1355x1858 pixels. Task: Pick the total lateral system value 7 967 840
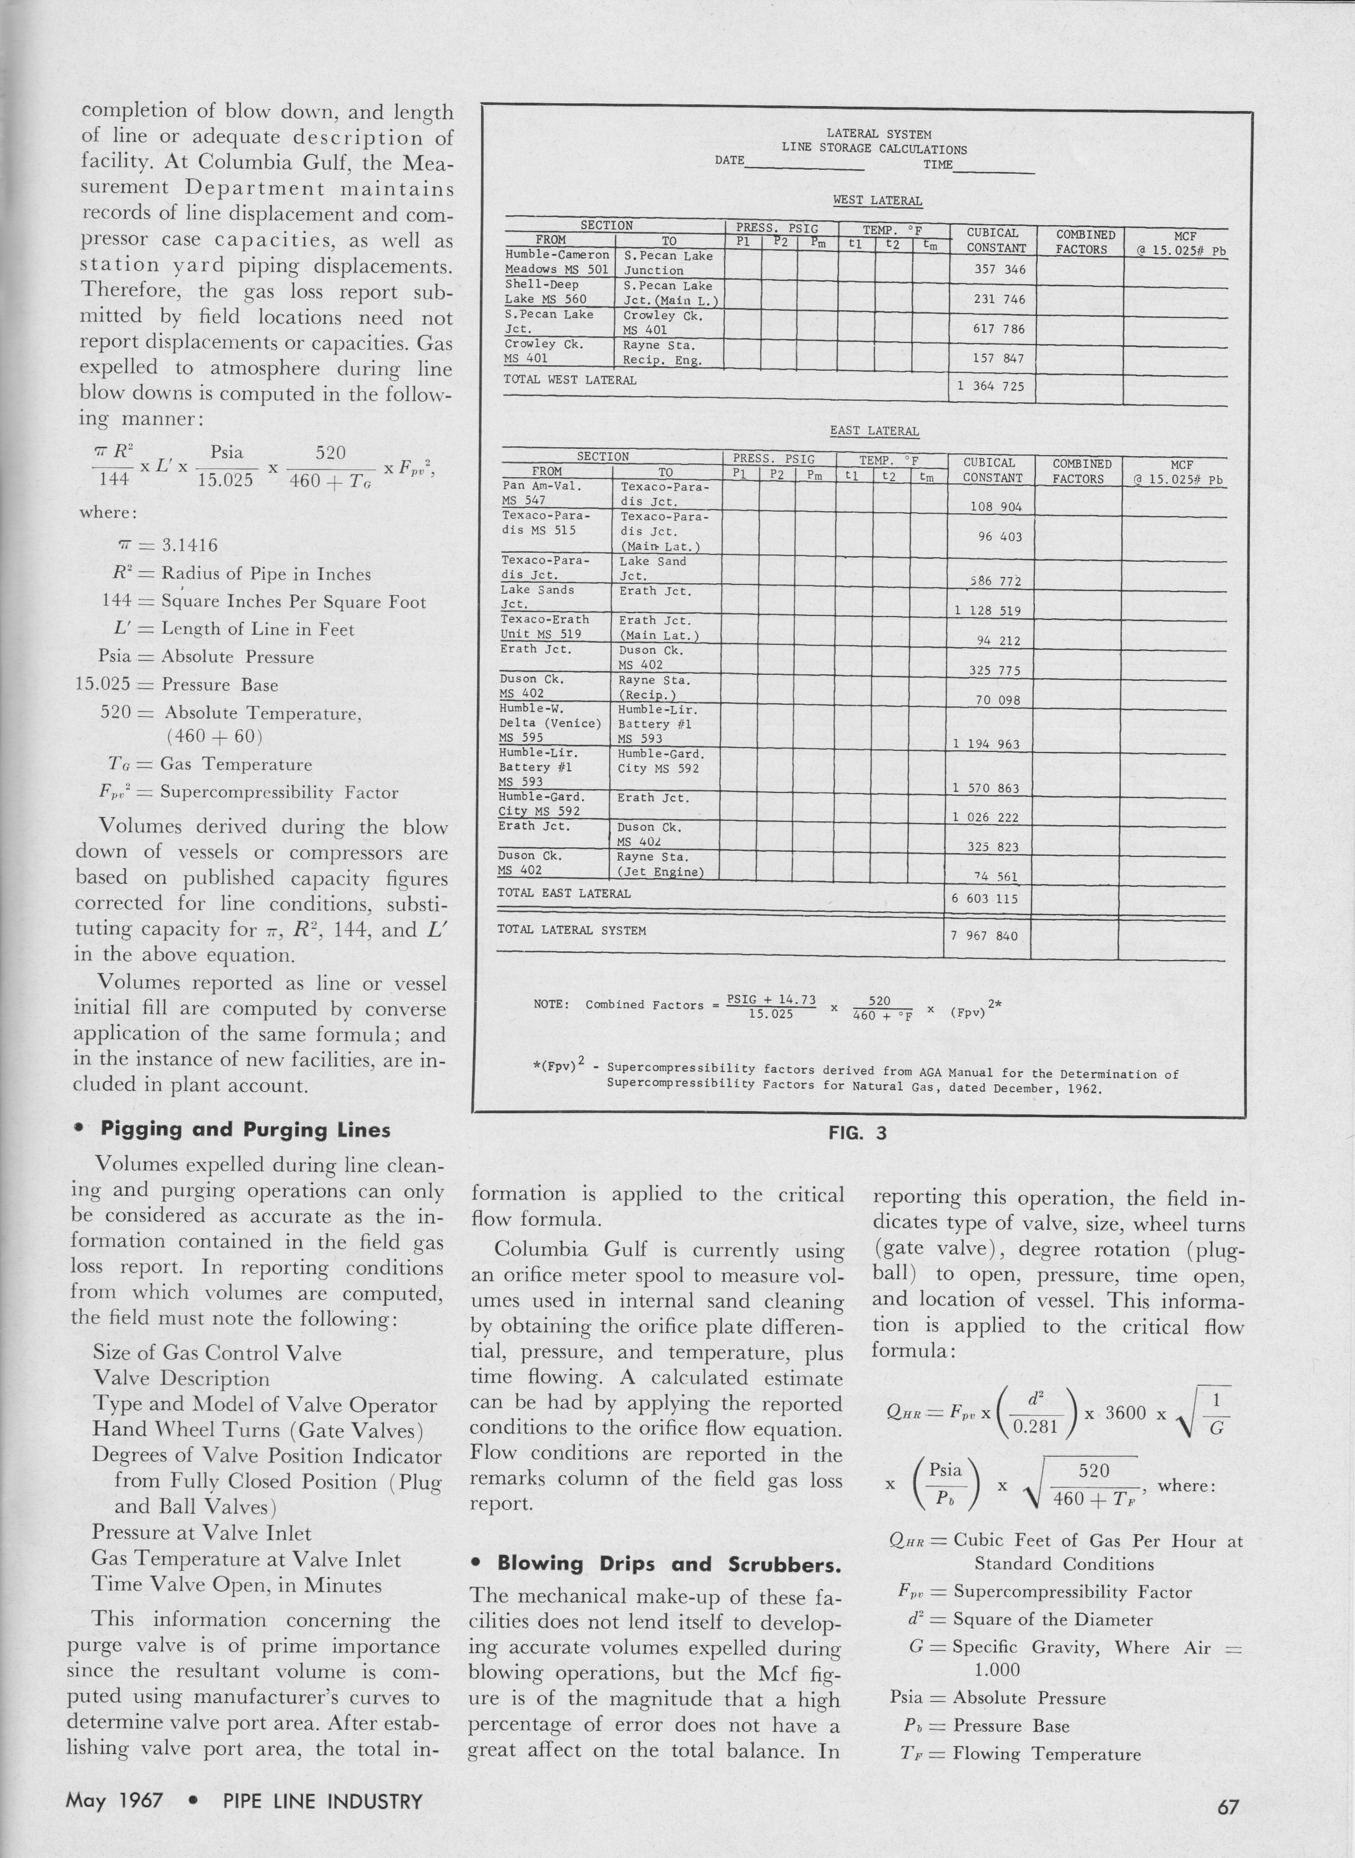click(984, 935)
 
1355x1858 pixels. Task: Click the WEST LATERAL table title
click(878, 200)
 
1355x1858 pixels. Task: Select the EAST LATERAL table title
click(874, 431)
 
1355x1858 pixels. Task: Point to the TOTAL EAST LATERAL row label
click(564, 893)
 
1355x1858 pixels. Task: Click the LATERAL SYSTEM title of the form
click(878, 134)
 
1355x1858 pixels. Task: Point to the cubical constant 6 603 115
click(984, 898)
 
